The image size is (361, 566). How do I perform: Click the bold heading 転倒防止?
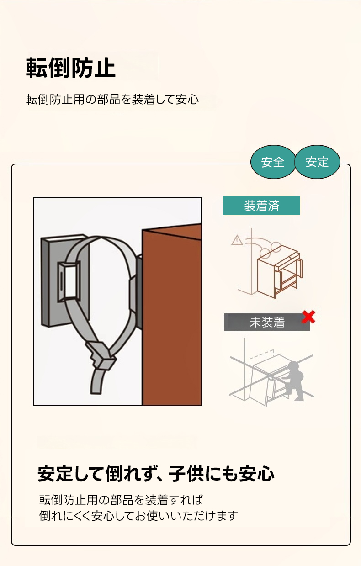pos(70,68)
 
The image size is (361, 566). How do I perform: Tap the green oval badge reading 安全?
pos(273,162)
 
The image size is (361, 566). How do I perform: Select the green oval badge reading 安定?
pos(317,162)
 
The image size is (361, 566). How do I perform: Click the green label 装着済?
pos(262,206)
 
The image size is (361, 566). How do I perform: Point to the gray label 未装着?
pos(267,322)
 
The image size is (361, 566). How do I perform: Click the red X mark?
pos(308,317)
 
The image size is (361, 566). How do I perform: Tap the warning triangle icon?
pos(237,240)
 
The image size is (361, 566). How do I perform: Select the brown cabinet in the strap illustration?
pos(172,315)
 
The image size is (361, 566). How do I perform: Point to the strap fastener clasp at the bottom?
pos(101,356)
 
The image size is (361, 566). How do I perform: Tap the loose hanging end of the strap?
pos(97,381)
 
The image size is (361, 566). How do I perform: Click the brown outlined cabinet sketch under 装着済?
pos(279,271)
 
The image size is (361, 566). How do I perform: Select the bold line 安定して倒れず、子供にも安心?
pos(156,474)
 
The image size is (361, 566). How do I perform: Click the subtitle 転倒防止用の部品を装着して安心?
pos(112,99)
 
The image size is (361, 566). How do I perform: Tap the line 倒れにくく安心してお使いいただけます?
pos(138,516)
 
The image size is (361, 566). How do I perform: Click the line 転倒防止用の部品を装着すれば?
pos(121,500)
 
